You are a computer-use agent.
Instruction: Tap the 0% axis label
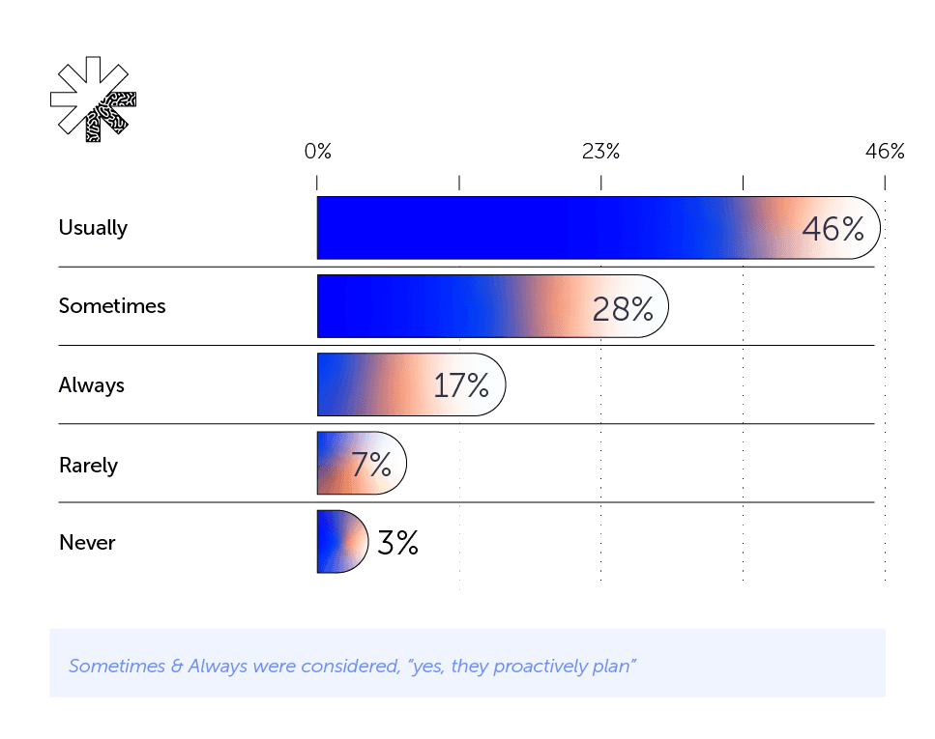317,152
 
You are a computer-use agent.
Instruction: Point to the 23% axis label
600,152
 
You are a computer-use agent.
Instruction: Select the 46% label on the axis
885,152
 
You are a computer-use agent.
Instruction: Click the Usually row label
93,228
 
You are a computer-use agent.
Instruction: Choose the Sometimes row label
112,306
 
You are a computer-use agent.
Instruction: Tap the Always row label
92,385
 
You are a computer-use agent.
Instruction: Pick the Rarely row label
88,465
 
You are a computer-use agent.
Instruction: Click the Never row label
87,543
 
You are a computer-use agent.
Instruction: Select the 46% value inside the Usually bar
833,229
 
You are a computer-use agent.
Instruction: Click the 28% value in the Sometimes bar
623,308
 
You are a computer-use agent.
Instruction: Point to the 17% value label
461,386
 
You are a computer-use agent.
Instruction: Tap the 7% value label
370,466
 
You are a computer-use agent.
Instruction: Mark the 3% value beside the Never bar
397,543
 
